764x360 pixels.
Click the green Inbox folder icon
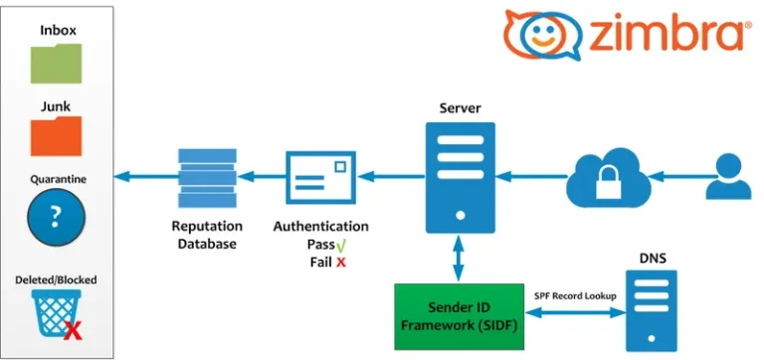click(58, 61)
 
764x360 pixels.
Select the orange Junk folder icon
click(58, 134)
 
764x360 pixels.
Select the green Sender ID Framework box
click(457, 316)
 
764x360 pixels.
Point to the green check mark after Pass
click(340, 245)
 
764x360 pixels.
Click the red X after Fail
click(340, 262)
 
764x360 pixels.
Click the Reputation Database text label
click(207, 235)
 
